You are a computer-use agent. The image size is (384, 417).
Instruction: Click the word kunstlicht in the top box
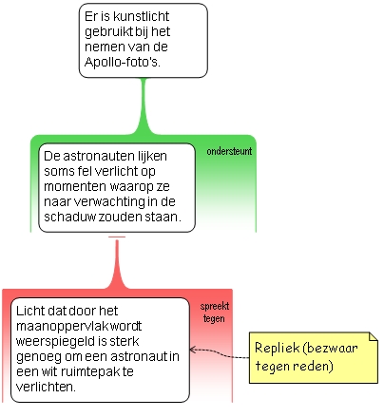pos(141,16)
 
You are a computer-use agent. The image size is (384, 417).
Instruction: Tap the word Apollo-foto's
pos(123,62)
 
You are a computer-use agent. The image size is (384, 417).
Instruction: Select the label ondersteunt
pos(229,151)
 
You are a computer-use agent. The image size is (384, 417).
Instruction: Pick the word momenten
pos(74,186)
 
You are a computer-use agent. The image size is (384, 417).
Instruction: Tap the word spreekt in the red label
pos(215,306)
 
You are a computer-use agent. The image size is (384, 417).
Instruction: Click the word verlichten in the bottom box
pos(46,387)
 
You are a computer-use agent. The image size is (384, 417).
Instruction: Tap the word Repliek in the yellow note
pos(277,348)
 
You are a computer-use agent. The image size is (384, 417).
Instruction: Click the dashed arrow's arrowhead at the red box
pos(192,350)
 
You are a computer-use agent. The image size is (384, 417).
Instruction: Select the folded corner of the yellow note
pos(374,336)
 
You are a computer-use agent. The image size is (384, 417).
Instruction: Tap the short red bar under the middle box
pos(117,237)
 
